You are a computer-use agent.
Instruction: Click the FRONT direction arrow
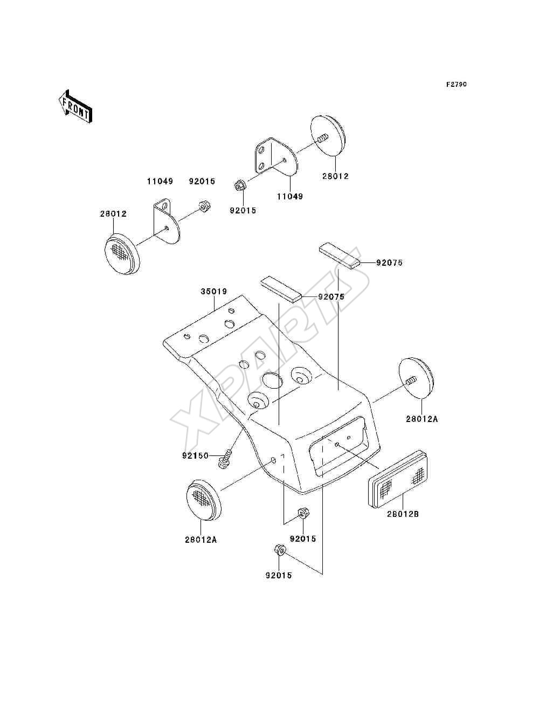click(75, 106)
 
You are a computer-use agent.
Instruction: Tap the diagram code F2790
click(456, 85)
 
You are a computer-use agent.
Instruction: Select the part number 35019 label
click(214, 292)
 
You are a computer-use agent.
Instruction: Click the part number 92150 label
click(195, 455)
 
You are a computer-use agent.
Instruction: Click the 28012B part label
click(403, 514)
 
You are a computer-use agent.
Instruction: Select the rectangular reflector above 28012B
click(398, 479)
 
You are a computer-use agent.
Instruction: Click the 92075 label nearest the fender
click(331, 297)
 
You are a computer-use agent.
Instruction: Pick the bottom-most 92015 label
click(279, 575)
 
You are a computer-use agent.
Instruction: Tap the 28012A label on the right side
click(421, 419)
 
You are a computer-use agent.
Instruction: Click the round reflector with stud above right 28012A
click(416, 378)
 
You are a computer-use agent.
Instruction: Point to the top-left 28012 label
click(113, 213)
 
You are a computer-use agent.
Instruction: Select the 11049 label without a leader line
click(160, 181)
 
